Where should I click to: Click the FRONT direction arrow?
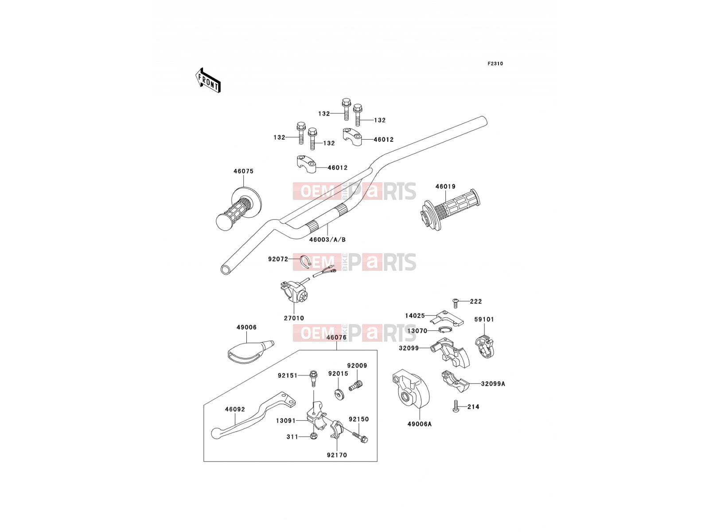(208, 81)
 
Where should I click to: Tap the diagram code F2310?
(495, 64)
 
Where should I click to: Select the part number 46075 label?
(244, 171)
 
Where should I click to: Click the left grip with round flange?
(239, 209)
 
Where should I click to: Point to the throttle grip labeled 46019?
(449, 210)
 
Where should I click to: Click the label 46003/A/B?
(327, 240)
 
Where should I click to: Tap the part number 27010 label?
(294, 318)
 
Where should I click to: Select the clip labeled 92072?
(306, 262)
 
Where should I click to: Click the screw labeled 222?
(456, 303)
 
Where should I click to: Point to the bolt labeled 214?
(456, 406)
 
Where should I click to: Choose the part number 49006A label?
(419, 424)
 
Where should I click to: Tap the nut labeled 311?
(313, 436)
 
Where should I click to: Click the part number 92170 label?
(337, 455)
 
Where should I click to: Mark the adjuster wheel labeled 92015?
(339, 395)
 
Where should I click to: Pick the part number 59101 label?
(484, 320)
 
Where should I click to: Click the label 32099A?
(493, 384)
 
